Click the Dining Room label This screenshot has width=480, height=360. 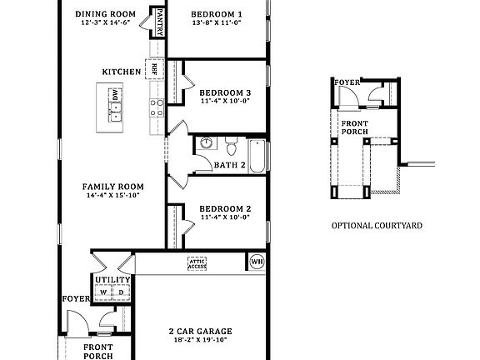click(x=105, y=14)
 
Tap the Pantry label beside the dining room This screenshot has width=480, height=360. click(x=157, y=22)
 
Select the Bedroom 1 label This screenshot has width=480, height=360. click(x=216, y=14)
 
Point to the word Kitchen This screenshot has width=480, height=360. click(x=122, y=72)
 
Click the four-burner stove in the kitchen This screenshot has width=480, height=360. click(x=155, y=106)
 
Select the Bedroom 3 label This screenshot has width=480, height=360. click(x=225, y=92)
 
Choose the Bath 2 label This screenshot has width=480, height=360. click(x=230, y=165)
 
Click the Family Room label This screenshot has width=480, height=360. click(x=112, y=187)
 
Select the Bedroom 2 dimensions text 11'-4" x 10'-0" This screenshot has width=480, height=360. click(x=225, y=217)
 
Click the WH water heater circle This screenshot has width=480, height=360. click(x=257, y=262)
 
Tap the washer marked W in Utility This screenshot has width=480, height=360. click(x=103, y=293)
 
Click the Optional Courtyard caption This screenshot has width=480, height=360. click(x=377, y=225)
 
